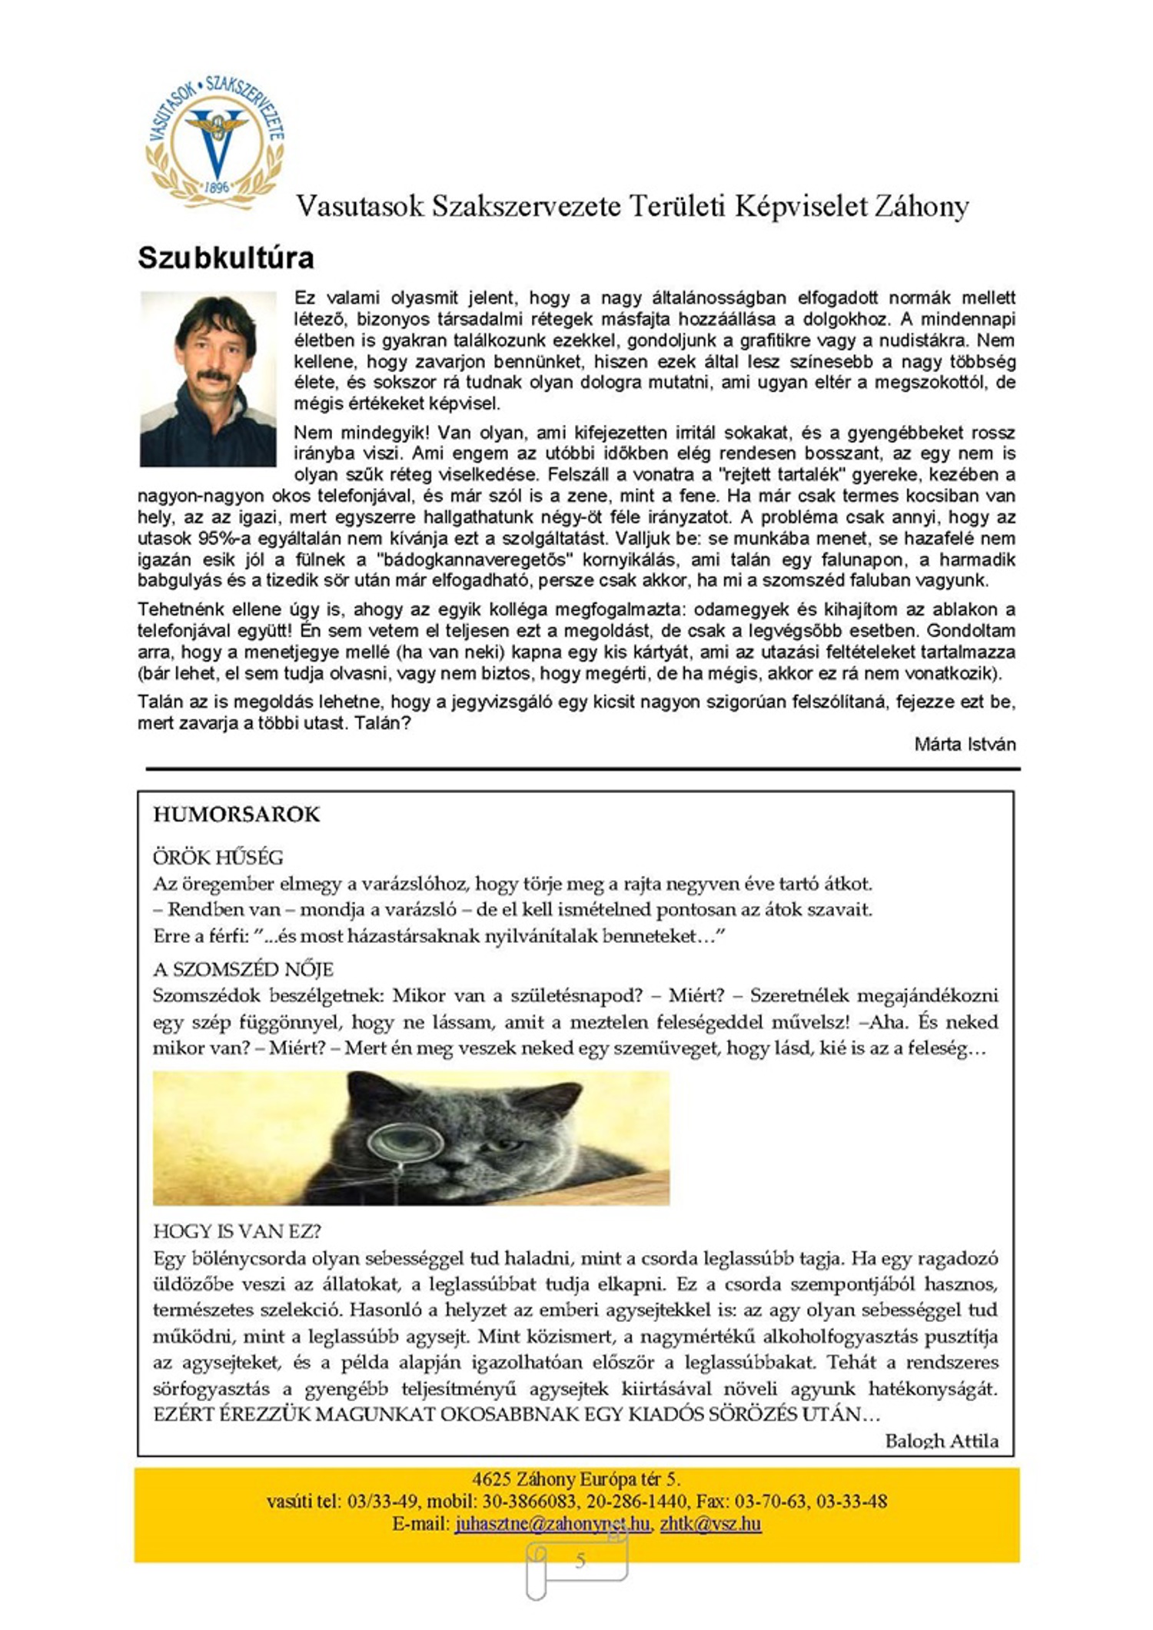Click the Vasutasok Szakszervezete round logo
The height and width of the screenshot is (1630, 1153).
pos(215,142)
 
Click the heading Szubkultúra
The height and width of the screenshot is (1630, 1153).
pos(226,257)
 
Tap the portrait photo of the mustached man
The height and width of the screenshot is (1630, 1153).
pos(208,378)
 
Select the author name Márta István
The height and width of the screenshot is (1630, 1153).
pos(965,744)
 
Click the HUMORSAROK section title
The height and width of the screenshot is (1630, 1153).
pos(236,815)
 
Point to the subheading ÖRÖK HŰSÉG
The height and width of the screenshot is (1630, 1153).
pos(218,857)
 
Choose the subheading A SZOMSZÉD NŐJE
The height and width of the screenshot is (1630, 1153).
pos(243,969)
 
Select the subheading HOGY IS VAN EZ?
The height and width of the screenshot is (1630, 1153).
pos(237,1231)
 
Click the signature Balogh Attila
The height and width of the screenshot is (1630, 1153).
pos(942,1441)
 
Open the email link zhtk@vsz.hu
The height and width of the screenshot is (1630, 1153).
pos(710,1524)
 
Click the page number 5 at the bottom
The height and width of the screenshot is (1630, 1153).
pos(580,1560)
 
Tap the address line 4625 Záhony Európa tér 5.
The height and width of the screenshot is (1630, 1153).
pos(576,1479)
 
